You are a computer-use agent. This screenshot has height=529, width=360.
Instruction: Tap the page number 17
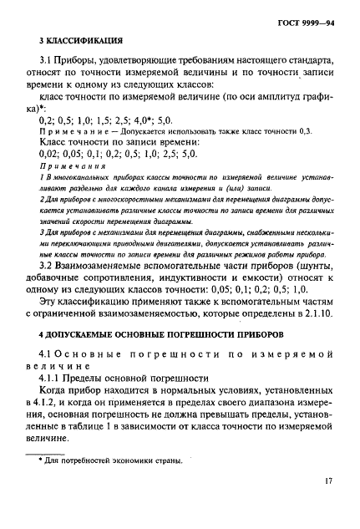331,504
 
